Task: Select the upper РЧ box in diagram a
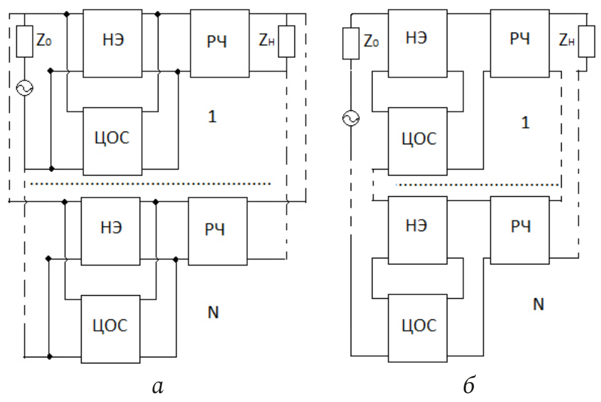(x=219, y=42)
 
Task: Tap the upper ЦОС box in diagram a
(x=112, y=141)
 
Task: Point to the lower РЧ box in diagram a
(x=217, y=230)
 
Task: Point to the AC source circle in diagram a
(x=26, y=88)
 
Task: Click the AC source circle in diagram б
(x=350, y=118)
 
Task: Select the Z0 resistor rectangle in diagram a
(x=25, y=41)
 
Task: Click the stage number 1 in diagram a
(x=211, y=117)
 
